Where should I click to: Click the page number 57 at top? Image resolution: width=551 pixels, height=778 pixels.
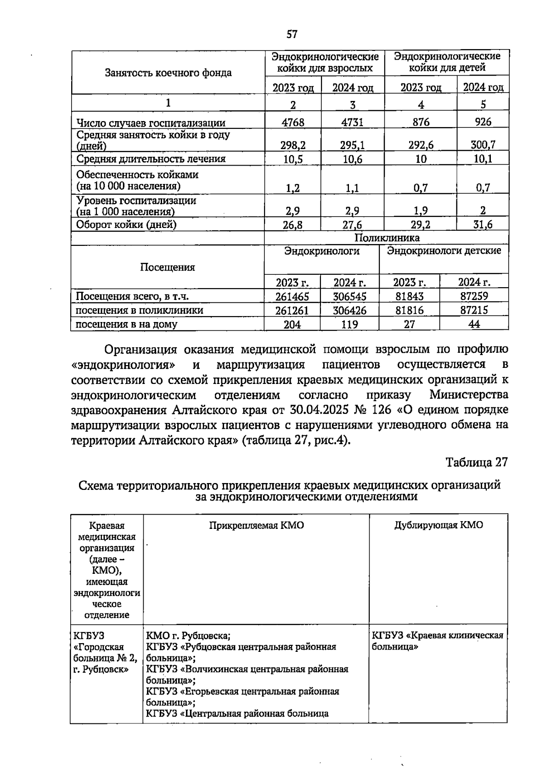click(292, 34)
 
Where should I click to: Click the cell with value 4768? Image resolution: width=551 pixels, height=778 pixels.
click(292, 122)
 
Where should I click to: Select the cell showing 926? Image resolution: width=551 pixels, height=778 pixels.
click(483, 122)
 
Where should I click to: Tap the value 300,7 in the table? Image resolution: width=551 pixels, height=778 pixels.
click(483, 145)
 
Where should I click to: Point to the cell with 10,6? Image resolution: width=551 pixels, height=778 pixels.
click(352, 159)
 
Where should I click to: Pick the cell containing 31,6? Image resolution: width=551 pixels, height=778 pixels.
click(483, 225)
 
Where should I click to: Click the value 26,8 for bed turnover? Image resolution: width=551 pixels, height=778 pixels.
click(292, 225)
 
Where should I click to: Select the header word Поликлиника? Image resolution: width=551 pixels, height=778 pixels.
click(387, 238)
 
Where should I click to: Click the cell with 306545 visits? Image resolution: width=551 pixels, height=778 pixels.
click(349, 296)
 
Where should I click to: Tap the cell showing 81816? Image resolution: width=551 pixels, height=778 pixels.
click(409, 310)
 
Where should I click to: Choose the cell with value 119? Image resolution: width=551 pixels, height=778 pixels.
click(349, 324)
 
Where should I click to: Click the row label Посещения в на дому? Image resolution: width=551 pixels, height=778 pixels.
click(126, 324)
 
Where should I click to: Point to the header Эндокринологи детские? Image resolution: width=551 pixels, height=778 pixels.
click(444, 251)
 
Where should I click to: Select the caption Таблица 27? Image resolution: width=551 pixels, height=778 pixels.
click(477, 462)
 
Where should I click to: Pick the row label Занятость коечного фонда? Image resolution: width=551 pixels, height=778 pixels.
click(168, 72)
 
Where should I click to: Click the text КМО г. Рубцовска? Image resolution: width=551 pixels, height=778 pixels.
click(188, 636)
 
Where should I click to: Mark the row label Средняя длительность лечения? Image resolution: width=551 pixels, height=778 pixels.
click(151, 159)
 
